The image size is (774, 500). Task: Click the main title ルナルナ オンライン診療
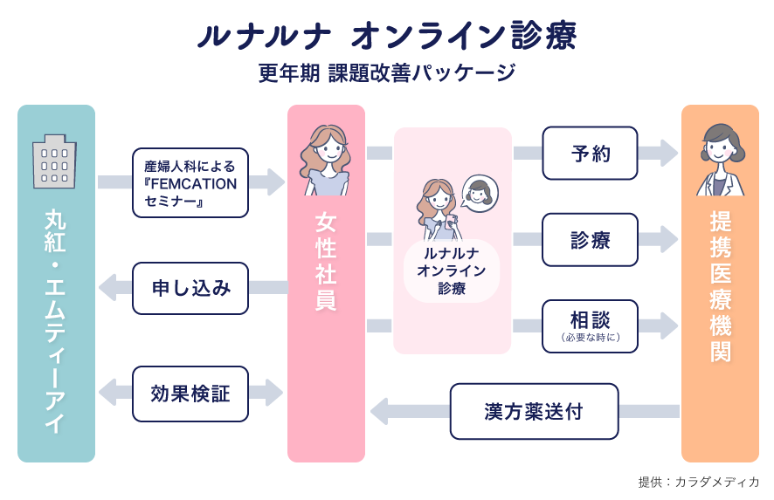click(387, 36)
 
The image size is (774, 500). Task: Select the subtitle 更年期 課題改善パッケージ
click(387, 73)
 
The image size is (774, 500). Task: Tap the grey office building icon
click(54, 161)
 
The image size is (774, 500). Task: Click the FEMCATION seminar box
click(190, 183)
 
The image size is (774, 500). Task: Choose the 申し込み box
click(190, 288)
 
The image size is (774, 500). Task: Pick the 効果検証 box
click(190, 394)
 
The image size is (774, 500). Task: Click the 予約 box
click(590, 154)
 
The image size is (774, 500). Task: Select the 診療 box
click(590, 240)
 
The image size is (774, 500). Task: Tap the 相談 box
click(590, 326)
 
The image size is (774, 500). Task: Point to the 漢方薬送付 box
click(534, 411)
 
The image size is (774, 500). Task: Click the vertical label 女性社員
click(326, 261)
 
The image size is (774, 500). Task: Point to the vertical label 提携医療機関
click(720, 286)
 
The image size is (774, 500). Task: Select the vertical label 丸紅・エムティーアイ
click(55, 321)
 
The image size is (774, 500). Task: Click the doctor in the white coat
click(720, 160)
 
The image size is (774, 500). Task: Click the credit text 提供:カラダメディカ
click(699, 482)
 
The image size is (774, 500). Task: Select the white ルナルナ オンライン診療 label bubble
click(452, 271)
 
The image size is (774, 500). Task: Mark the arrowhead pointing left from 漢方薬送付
click(380, 411)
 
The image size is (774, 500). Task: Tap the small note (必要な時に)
click(590, 338)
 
